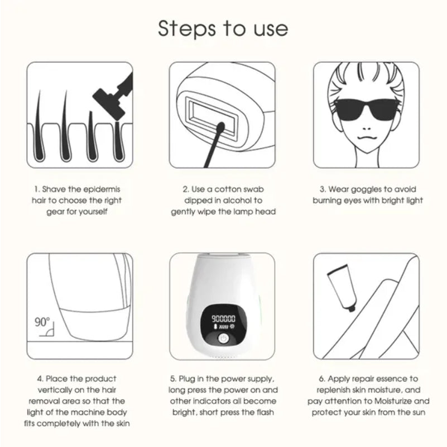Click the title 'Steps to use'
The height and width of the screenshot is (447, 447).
pyautogui.click(x=223, y=28)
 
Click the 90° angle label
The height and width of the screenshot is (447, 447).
pyautogui.click(x=42, y=322)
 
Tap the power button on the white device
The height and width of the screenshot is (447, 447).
pyautogui.click(x=223, y=339)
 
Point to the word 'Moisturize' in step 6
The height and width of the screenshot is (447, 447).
pyautogui.click(x=408, y=401)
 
